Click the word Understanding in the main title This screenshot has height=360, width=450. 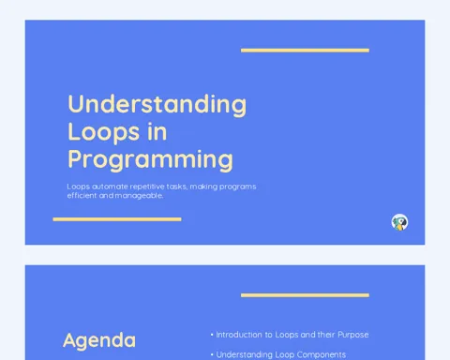[x=157, y=105]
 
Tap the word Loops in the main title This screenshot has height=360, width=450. [x=104, y=132]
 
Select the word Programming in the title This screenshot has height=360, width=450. [x=150, y=160]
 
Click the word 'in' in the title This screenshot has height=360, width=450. [x=157, y=131]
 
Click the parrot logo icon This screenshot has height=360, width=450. [x=399, y=222]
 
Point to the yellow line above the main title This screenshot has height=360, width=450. [x=305, y=51]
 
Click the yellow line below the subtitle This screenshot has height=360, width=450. [x=117, y=219]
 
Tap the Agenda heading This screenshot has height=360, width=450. [x=99, y=341]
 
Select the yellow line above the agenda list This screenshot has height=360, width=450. [x=305, y=295]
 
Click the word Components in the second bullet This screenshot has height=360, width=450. [x=322, y=355]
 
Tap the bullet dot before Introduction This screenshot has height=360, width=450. [x=212, y=335]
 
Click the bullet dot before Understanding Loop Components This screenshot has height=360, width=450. [x=212, y=354]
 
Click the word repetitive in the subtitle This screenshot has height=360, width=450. [x=147, y=187]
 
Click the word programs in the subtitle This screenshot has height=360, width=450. [x=238, y=187]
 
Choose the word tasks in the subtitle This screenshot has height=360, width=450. [x=177, y=187]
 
